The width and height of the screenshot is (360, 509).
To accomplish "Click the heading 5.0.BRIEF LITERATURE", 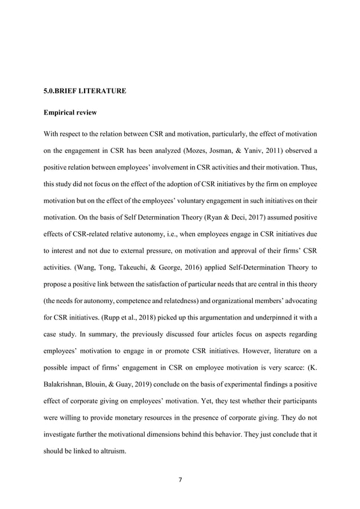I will click(85, 90).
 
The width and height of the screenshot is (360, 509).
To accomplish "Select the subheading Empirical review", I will click(70, 113).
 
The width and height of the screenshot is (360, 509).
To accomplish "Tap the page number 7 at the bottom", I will click(180, 480).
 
